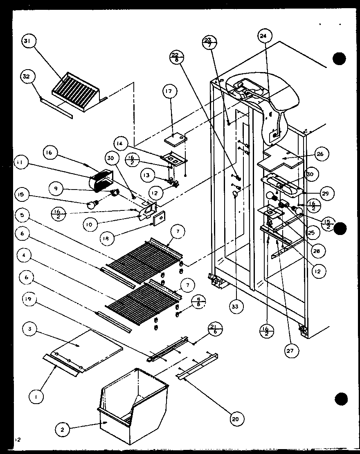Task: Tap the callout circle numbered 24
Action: pos(263,36)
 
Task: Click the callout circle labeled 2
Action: pos(63,429)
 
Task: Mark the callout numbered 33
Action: pos(236,305)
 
